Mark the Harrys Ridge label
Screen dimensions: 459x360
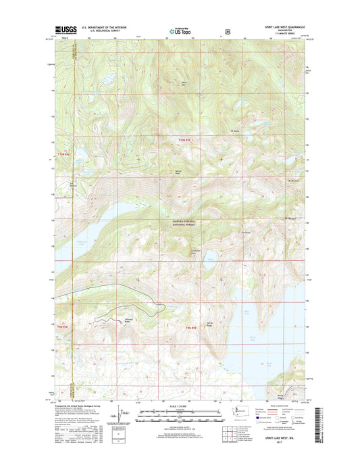tap(209, 323)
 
